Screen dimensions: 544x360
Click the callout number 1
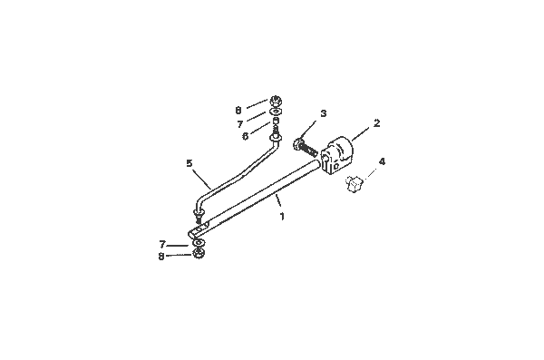point(283,218)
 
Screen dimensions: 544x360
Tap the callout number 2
point(376,122)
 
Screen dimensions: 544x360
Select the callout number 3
point(322,114)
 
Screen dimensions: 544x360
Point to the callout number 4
point(382,162)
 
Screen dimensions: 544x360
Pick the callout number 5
point(189,163)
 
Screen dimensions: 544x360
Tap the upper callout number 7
point(240,123)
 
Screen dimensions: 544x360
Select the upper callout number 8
point(238,109)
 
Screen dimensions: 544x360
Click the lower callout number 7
point(161,244)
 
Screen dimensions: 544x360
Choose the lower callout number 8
point(161,257)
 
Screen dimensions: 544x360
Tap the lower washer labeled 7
point(197,242)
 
